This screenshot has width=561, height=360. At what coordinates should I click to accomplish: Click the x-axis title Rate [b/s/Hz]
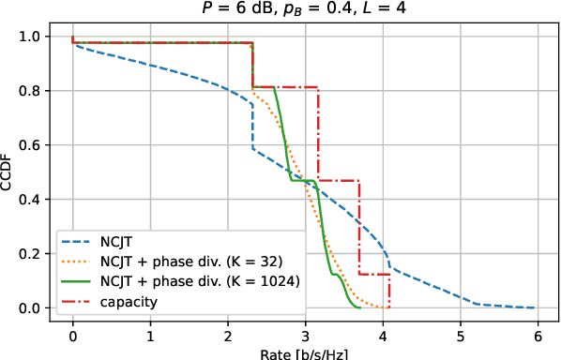point(304,353)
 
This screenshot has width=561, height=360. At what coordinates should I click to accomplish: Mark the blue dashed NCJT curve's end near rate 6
point(535,307)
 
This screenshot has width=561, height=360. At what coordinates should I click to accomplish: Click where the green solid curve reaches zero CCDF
point(359,307)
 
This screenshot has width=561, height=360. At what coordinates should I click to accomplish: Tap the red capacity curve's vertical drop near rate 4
point(388,292)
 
